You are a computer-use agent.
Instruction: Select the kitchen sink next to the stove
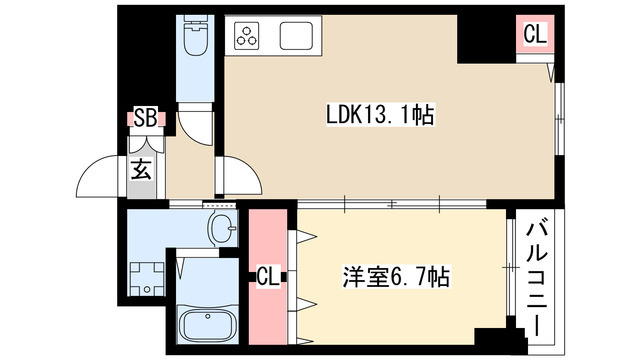tap(298, 38)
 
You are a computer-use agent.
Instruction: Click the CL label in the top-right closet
tap(535, 34)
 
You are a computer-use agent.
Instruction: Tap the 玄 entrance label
tap(141, 169)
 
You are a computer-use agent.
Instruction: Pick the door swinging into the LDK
tap(238, 176)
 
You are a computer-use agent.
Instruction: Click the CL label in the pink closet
tap(267, 275)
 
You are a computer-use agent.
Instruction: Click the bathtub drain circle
tap(186, 325)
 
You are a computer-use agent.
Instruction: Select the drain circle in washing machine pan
tap(146, 290)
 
